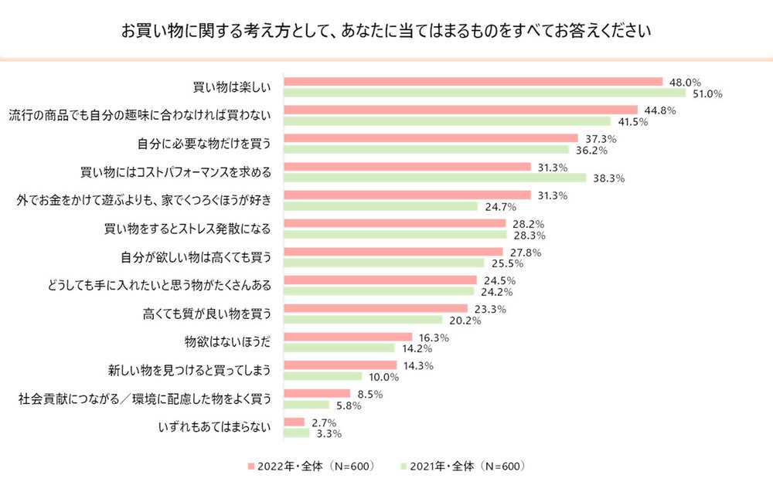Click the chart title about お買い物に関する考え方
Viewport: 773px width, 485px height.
point(386,32)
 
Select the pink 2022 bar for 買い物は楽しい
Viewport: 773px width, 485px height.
point(473,81)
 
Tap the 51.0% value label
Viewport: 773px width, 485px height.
point(707,94)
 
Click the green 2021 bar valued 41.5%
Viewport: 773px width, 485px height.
point(448,121)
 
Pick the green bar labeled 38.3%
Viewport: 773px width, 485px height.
point(435,178)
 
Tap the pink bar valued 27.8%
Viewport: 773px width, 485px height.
point(393,252)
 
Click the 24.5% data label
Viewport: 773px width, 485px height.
point(499,280)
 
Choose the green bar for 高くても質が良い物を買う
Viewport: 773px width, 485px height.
point(363,320)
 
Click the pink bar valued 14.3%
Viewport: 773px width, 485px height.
point(340,365)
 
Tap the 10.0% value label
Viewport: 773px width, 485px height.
point(383,377)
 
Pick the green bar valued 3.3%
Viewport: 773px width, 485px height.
point(297,433)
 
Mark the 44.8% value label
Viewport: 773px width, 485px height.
point(660,110)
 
